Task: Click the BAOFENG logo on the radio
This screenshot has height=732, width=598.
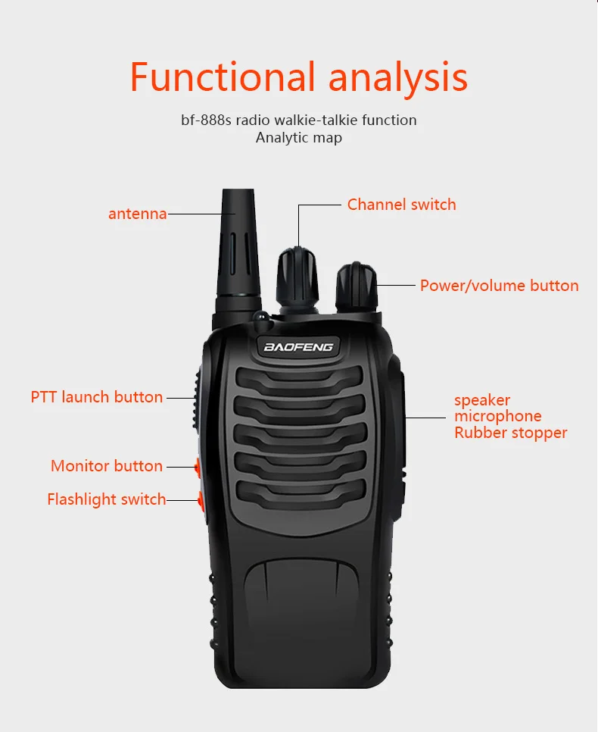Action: point(298,347)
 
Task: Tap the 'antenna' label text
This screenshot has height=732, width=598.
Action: point(138,214)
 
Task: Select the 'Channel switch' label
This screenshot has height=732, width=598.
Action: point(402,205)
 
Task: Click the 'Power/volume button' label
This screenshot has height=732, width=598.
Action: point(499,285)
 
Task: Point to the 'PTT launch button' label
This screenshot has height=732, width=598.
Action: point(97,397)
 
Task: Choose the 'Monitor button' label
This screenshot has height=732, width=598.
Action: point(106,465)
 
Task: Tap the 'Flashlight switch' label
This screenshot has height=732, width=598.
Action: point(106,499)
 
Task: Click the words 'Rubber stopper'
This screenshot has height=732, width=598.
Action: point(511,433)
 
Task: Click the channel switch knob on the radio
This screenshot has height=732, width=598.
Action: point(297,277)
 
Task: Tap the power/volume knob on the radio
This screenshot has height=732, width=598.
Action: point(357,288)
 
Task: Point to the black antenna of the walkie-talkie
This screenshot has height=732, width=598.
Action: point(238,252)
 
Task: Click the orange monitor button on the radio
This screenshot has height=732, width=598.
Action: point(198,468)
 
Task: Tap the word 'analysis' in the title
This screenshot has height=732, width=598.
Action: point(398,78)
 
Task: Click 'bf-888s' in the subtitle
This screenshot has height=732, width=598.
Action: point(206,120)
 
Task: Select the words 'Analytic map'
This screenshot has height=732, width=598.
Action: point(298,138)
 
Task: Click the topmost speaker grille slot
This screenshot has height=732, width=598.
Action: point(299,379)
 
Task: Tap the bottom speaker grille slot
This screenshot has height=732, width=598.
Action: point(301,493)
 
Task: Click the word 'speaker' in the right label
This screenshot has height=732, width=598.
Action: point(482,401)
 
